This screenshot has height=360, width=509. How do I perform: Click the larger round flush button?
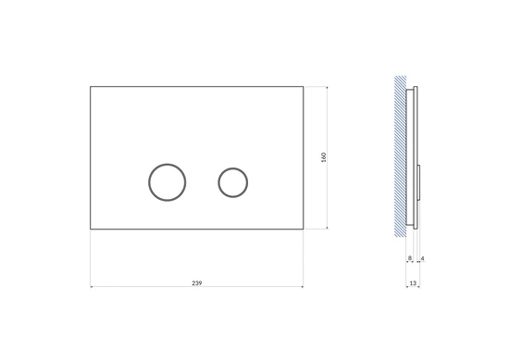[x=149, y=182]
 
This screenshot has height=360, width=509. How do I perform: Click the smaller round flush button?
[x=218, y=182]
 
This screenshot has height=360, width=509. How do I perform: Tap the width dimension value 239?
[x=197, y=283]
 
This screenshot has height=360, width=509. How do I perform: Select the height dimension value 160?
[x=323, y=157]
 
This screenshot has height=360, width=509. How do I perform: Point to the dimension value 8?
[x=410, y=258]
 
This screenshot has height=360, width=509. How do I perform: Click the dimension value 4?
[x=422, y=258]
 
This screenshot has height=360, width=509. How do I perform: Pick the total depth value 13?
[x=413, y=283]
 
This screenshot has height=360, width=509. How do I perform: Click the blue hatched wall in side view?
[x=400, y=156]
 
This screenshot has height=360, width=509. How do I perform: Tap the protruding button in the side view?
[x=419, y=182]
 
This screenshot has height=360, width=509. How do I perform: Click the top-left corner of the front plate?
[x=91, y=87]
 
